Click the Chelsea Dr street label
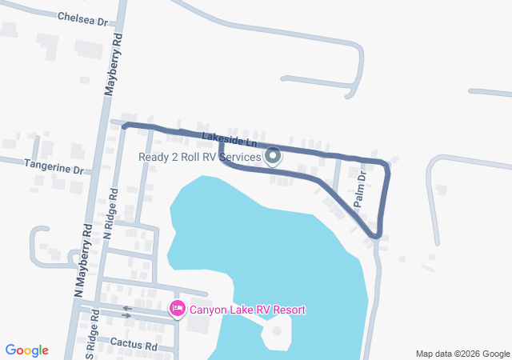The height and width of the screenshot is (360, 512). [82, 18]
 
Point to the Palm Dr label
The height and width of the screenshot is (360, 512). [361, 189]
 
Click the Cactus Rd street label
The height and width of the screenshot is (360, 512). [134, 346]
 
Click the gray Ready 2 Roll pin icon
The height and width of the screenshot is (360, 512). [273, 156]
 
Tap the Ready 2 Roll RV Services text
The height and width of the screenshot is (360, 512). [200, 157]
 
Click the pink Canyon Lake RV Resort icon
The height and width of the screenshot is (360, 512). [178, 308]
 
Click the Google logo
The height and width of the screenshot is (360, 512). [27, 350]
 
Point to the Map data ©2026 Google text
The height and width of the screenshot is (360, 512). [462, 354]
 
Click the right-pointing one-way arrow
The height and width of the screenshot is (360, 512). [126, 316]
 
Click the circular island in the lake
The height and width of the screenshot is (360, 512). [277, 330]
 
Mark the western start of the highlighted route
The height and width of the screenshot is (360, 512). [125, 125]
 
